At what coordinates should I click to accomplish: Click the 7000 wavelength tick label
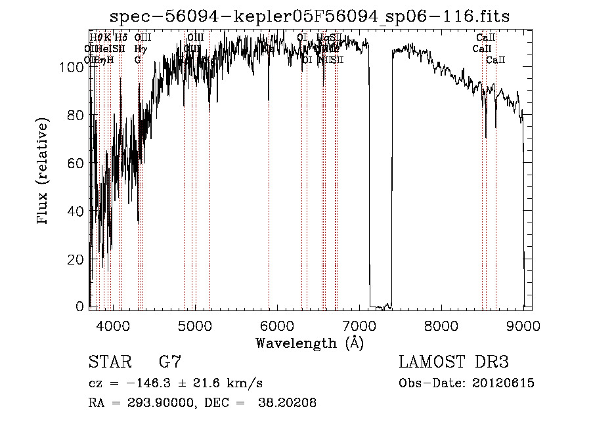359,325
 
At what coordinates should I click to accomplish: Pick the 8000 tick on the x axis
441,325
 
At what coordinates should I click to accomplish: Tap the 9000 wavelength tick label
523,325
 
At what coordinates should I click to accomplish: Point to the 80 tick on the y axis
76,116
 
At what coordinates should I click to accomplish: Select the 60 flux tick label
76,163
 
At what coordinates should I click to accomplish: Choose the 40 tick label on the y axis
76,211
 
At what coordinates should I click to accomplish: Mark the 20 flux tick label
76,259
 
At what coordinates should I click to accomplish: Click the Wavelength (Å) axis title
309,343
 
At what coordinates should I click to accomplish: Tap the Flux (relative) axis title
44,173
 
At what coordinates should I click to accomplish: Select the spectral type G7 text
169,362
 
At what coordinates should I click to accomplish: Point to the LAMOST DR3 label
454,362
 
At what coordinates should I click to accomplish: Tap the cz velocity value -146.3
154,383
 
